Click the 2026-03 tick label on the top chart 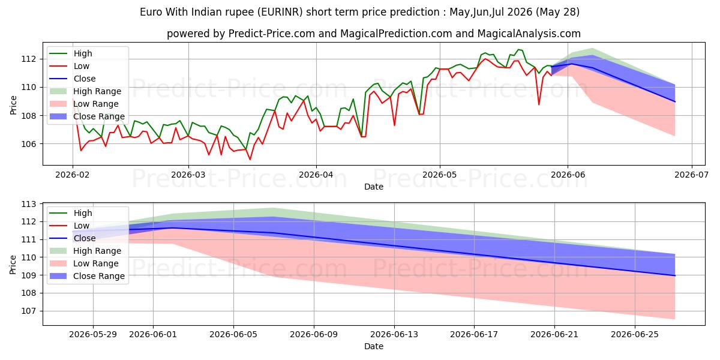point(188,175)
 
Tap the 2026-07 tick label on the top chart point(691,175)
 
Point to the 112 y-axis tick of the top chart point(28,59)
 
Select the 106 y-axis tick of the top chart point(28,144)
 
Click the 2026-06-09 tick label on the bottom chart point(314,335)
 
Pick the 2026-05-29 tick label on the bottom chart point(93,335)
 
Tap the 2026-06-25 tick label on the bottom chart point(635,335)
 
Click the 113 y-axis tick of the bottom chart point(28,205)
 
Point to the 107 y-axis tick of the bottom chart point(28,311)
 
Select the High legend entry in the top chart point(83,53)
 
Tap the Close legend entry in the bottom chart point(85,239)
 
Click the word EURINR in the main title point(282,12)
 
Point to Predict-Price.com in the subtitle point(271,34)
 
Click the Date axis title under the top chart point(373,187)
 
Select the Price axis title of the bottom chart point(13,265)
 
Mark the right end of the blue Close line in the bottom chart point(675,276)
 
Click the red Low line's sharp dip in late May point(539,104)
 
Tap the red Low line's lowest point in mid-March point(250,160)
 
